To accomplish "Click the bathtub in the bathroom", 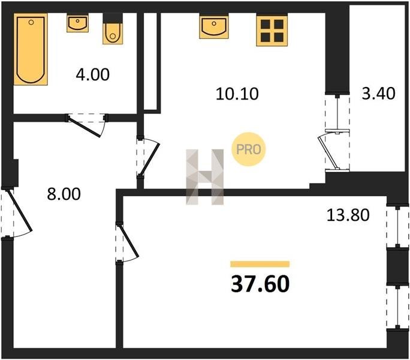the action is (x=31, y=49).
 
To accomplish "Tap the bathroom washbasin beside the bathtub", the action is (x=77, y=23).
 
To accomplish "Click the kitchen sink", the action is (x=214, y=27).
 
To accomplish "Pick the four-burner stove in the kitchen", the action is (x=272, y=31).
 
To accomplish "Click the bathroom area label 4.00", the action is (x=92, y=74).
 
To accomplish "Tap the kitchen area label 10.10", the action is (x=237, y=94).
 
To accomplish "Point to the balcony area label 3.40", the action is (x=378, y=94).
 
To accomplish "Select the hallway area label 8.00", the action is (x=64, y=194).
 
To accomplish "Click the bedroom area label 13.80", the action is (x=348, y=215).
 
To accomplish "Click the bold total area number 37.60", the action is (x=260, y=284).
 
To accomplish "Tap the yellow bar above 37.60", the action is (x=260, y=264).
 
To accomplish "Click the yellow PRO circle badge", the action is (x=248, y=149).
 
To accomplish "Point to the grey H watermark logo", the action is (x=205, y=177).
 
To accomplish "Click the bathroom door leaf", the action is (x=84, y=127).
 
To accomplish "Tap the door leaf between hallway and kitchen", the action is (x=150, y=160).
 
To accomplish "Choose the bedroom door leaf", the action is (x=128, y=241).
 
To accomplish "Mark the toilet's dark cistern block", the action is (x=113, y=19).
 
